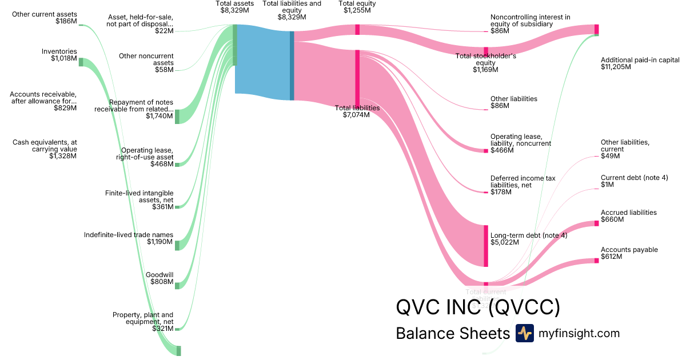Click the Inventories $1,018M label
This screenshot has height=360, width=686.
click(59, 55)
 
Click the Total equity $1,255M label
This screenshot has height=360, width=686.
click(357, 7)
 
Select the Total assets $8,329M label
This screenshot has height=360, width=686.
click(234, 7)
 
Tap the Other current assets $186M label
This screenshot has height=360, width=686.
click(45, 17)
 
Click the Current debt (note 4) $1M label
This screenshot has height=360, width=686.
click(634, 181)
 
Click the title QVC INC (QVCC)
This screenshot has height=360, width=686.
click(478, 308)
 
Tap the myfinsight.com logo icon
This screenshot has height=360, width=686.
click(524, 333)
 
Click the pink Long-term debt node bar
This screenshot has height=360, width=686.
click(486, 246)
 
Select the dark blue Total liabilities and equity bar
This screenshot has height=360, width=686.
click(292, 65)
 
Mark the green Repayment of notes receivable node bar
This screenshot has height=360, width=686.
click(177, 116)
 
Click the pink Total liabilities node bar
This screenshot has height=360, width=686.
click(357, 77)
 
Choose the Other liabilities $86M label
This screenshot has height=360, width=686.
click(513, 102)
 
